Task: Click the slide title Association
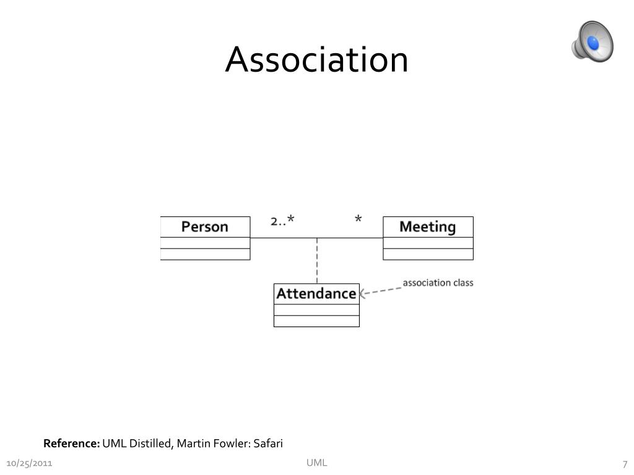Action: click(x=316, y=60)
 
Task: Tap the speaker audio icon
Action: click(x=592, y=41)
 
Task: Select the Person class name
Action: click(x=205, y=227)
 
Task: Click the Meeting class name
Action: click(x=427, y=227)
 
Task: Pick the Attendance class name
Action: click(x=316, y=293)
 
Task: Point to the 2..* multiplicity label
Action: click(x=282, y=220)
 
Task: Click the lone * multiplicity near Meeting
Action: click(x=358, y=220)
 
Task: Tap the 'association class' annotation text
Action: click(x=438, y=283)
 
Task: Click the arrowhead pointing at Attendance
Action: click(x=363, y=294)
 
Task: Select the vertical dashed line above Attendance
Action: click(x=317, y=260)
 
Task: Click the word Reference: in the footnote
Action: click(x=71, y=443)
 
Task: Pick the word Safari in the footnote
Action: click(x=268, y=443)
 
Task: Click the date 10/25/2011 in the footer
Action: click(x=29, y=464)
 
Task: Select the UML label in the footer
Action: click(x=317, y=463)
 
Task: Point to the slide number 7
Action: click(x=625, y=464)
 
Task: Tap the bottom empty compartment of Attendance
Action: click(x=316, y=321)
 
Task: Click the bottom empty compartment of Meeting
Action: click(x=428, y=254)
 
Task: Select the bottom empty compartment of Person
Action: click(x=205, y=254)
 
